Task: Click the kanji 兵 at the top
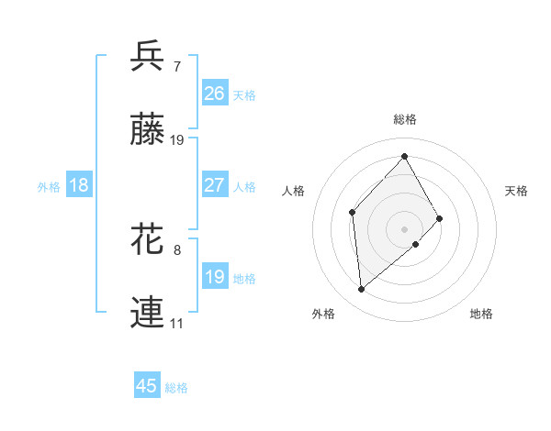pos(148,57)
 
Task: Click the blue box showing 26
pos(215,94)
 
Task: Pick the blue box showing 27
pos(215,185)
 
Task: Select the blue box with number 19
pos(215,277)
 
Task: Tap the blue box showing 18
pos(79,185)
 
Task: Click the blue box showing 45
pos(147,386)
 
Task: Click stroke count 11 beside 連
pos(177,324)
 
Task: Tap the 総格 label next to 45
pos(176,388)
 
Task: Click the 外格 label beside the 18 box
pos(49,187)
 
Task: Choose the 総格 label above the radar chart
pos(404,119)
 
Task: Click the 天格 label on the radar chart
pos(516,191)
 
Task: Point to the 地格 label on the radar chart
pos(481,314)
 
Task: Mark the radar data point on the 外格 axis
pos(362,290)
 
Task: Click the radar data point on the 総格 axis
pos(404,156)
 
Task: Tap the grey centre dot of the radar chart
pos(404,228)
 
